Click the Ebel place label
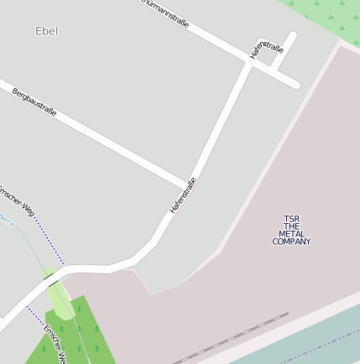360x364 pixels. pyautogui.click(x=47, y=31)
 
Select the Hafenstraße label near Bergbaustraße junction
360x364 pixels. pyautogui.click(x=183, y=195)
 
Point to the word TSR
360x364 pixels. pyautogui.click(x=291, y=219)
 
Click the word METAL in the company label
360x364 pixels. pyautogui.click(x=291, y=234)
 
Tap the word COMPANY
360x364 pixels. pyautogui.click(x=291, y=242)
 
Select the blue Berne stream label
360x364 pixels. pyautogui.click(x=7, y=220)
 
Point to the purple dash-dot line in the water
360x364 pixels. pyautogui.click(x=319, y=345)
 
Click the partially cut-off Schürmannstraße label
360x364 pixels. pyautogui.click(x=164, y=12)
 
